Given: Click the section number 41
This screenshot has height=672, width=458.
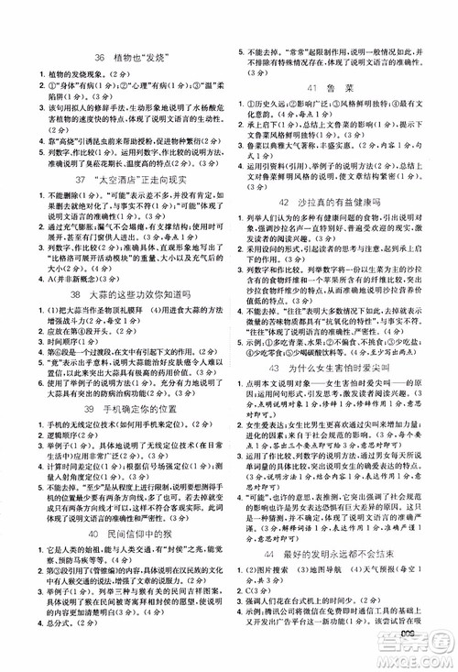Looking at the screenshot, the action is point(311,88).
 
